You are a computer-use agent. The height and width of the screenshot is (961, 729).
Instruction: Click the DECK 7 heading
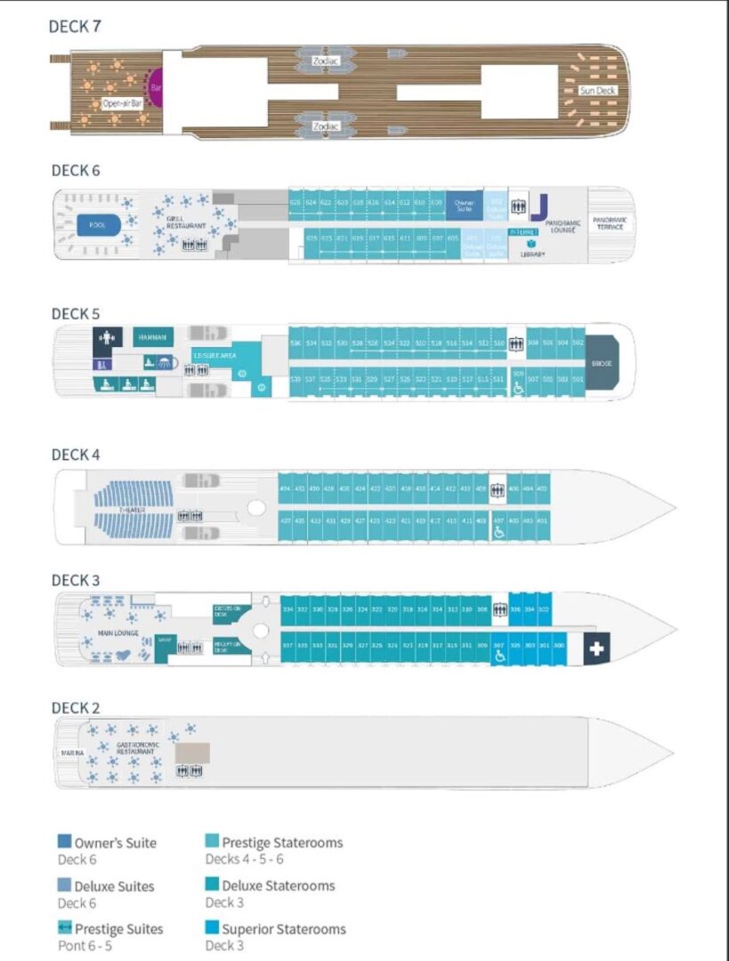pyautogui.click(x=75, y=26)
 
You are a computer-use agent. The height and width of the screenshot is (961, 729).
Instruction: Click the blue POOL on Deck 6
pyautogui.click(x=98, y=225)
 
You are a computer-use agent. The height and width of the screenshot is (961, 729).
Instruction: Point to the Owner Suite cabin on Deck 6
pyautogui.click(x=463, y=205)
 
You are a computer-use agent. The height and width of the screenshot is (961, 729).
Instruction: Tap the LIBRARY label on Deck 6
pyautogui.click(x=532, y=254)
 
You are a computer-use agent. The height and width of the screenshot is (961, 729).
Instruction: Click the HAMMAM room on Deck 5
pyautogui.click(x=150, y=337)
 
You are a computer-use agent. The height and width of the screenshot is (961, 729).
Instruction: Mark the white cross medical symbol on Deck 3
pyautogui.click(x=595, y=650)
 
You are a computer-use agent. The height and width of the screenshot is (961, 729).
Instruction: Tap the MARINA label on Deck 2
pyautogui.click(x=73, y=753)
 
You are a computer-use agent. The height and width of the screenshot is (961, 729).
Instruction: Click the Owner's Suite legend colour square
pyautogui.click(x=65, y=842)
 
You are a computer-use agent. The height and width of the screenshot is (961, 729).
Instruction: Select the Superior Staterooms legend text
pyautogui.click(x=284, y=929)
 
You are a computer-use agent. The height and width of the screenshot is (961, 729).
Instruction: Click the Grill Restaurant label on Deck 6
pyautogui.click(x=186, y=222)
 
